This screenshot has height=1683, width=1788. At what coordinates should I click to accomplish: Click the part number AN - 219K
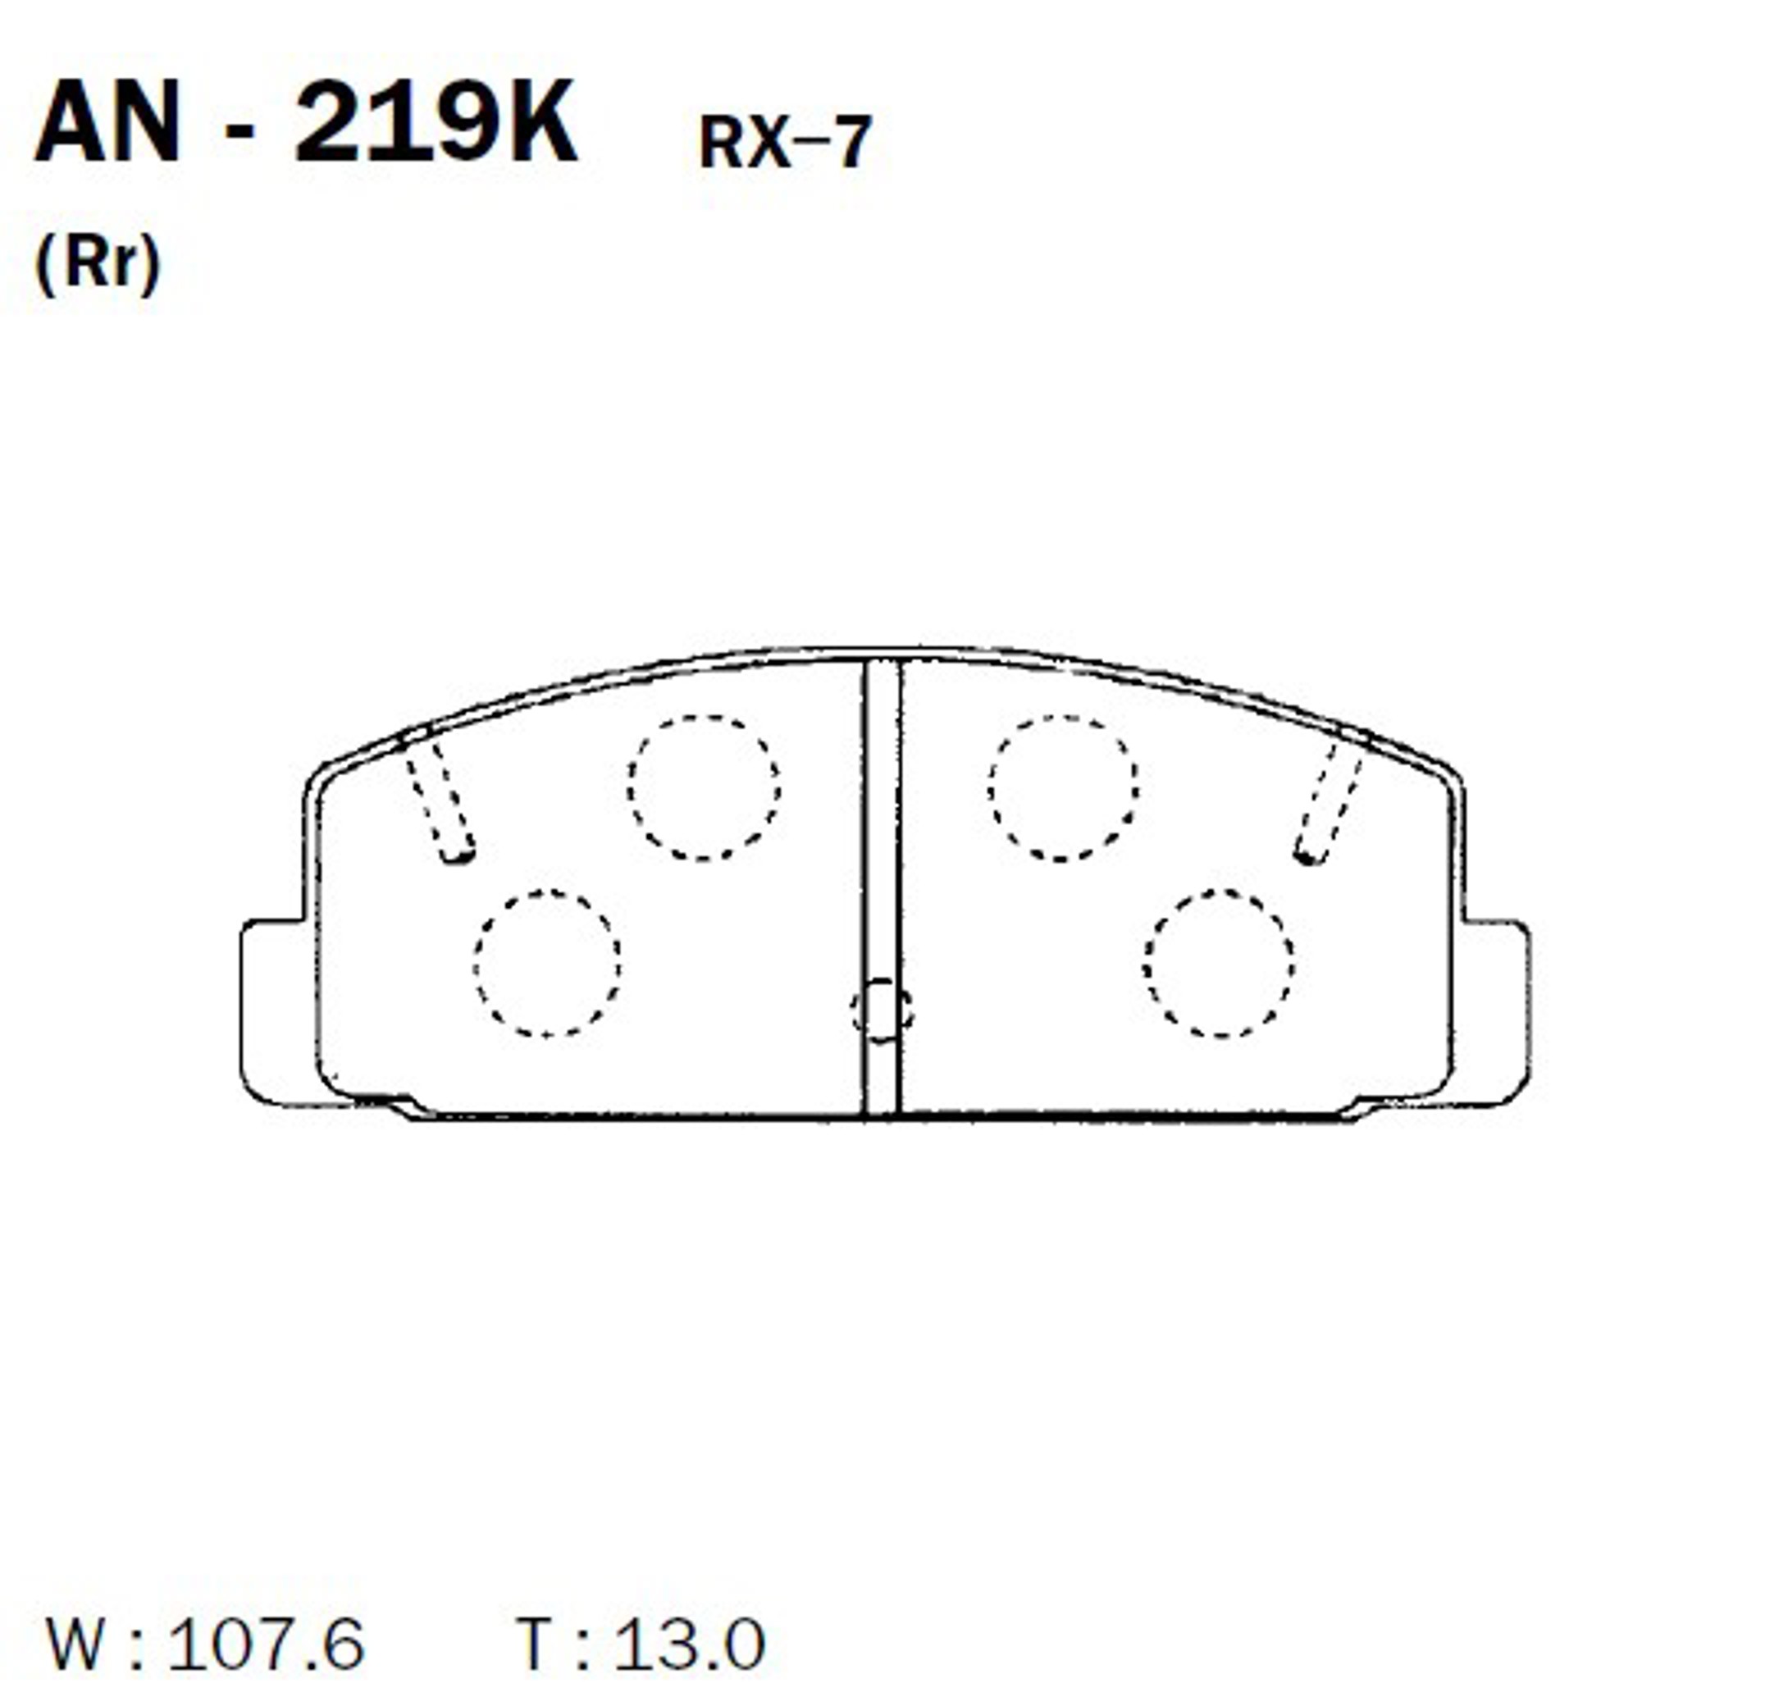coord(306,123)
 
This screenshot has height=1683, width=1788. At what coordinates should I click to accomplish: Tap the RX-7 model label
coord(784,142)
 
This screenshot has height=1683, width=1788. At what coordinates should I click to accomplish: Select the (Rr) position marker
coord(97,263)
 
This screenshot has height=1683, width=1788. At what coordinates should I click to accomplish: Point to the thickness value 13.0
coord(689,1644)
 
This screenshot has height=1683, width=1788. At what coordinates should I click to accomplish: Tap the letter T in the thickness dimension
coord(537,1644)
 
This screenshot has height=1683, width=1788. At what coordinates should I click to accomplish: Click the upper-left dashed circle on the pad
coord(705,787)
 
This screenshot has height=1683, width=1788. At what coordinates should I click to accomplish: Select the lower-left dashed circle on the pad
coord(547,964)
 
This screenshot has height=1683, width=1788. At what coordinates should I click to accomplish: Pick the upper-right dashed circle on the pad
coord(1062,788)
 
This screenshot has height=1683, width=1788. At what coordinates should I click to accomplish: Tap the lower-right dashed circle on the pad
coord(1220,964)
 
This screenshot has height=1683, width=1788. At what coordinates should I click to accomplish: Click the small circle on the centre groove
coord(882,1010)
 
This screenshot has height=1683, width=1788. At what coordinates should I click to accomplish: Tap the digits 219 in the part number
coord(392,123)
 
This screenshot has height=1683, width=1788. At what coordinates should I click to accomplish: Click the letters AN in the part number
coord(108,123)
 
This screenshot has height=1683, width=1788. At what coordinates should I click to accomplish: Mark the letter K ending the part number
coord(536,123)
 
